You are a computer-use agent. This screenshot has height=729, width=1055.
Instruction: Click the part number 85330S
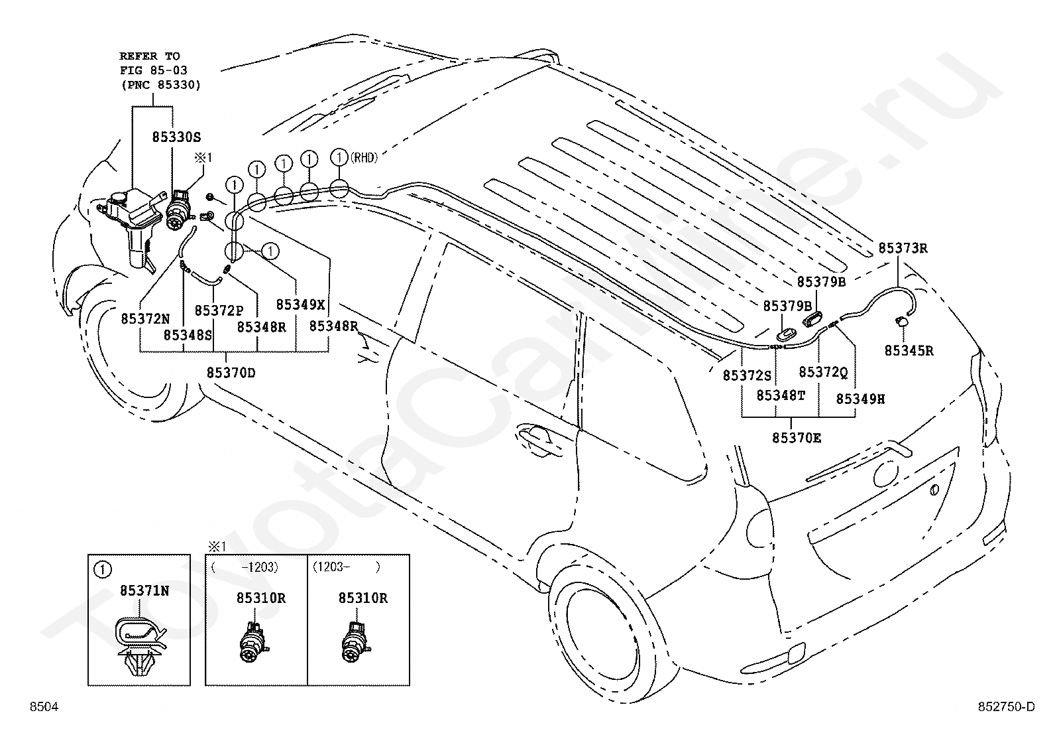(x=176, y=137)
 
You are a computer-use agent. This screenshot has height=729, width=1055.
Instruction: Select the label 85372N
(x=145, y=319)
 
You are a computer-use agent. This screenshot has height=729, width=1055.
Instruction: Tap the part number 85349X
(x=300, y=304)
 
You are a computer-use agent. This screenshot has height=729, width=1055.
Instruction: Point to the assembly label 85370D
(x=231, y=373)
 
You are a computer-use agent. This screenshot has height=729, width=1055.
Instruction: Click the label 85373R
(x=903, y=248)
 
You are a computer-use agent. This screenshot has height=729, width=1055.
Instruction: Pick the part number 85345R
(x=909, y=351)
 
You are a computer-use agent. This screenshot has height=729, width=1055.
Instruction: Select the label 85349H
(x=860, y=399)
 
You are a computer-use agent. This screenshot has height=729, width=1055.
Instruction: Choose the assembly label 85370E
(x=797, y=438)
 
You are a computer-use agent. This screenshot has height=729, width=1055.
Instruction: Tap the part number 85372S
(x=748, y=375)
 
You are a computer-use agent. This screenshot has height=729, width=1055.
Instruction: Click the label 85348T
(x=781, y=395)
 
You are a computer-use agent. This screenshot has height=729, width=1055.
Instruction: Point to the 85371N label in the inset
(x=144, y=591)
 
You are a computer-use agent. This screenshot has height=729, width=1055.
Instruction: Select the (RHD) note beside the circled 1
(x=364, y=157)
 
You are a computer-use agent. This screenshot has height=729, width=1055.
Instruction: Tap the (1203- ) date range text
(x=346, y=566)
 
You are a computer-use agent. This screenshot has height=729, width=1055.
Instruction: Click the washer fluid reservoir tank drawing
(x=133, y=226)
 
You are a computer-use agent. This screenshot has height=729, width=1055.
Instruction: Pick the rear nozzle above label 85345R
(x=901, y=322)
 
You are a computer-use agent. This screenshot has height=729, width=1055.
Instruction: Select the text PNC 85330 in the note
(x=161, y=85)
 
